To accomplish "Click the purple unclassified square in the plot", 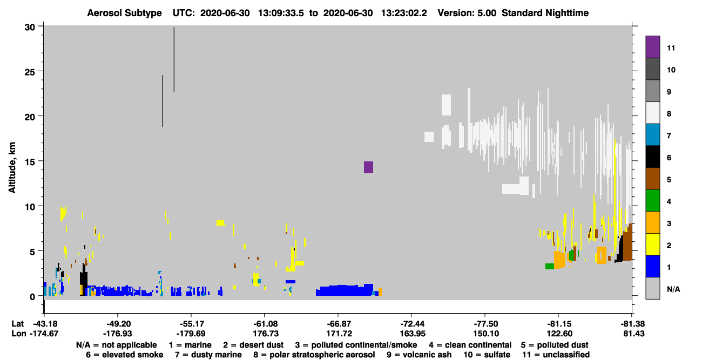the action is point(368,167).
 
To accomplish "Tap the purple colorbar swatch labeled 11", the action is point(652,47).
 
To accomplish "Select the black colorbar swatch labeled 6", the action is point(652,157).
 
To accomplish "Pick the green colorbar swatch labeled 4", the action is point(652,201).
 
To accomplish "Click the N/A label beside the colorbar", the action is point(673,289).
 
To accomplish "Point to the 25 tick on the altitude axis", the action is point(30,72).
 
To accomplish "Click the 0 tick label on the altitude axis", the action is point(32,296).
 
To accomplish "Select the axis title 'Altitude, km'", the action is point(12,167).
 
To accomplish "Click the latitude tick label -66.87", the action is point(339,324).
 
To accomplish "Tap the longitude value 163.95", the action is point(413,334).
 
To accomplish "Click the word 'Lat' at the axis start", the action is point(17,324).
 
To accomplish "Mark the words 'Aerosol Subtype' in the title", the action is point(124,13).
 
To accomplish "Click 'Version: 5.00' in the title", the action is point(467,13).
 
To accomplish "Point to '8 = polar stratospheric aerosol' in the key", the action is point(314,355).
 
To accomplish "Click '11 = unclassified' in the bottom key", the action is point(556,355).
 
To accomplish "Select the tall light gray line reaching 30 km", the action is point(174,59).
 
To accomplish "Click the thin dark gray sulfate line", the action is point(163,101).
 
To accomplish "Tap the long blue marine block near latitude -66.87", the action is point(345,290).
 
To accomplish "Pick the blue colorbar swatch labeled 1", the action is point(652,266).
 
